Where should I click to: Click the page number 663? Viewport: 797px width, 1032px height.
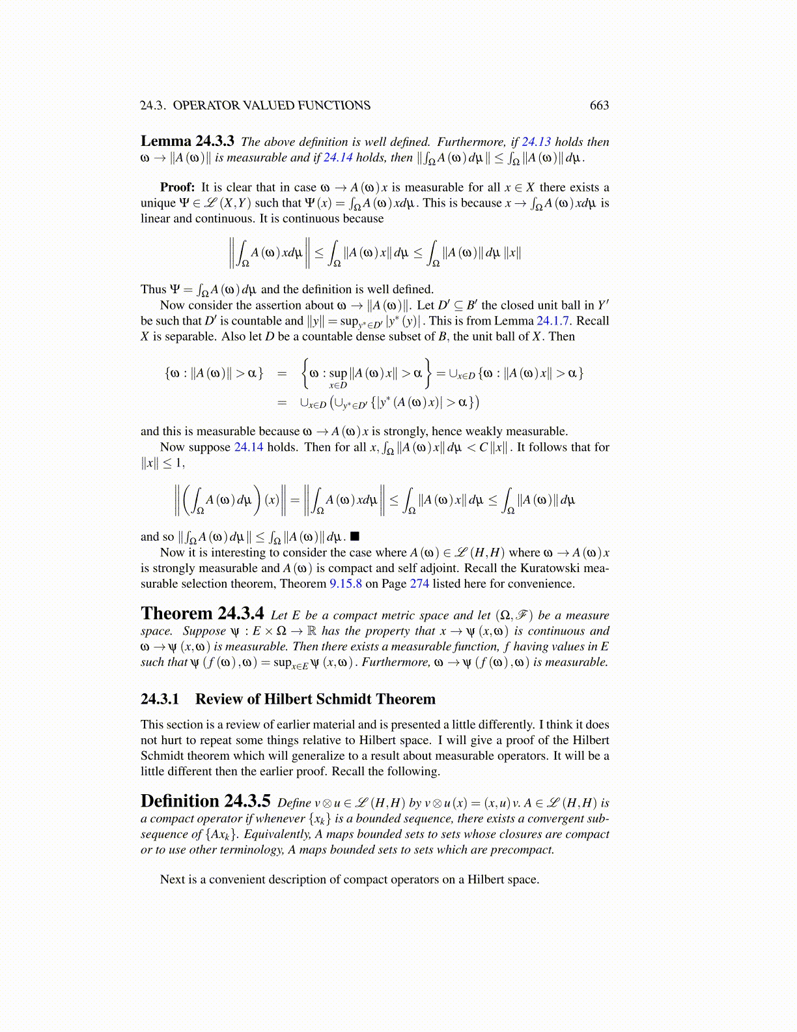click(x=599, y=106)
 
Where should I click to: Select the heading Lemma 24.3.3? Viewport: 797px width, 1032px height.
click(x=188, y=141)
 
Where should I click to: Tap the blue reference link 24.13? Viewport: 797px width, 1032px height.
click(x=536, y=142)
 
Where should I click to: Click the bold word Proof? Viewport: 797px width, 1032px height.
click(x=178, y=188)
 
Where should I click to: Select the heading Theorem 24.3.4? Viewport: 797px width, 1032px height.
click(x=203, y=614)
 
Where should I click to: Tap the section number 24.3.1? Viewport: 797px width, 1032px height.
click(x=160, y=700)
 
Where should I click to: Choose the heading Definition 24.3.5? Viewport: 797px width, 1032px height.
click(x=206, y=802)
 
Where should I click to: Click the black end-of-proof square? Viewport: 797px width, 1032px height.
click(x=355, y=537)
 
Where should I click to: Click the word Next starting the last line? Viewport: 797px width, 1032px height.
click(x=173, y=880)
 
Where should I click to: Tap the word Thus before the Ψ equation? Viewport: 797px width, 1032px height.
click(x=154, y=290)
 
